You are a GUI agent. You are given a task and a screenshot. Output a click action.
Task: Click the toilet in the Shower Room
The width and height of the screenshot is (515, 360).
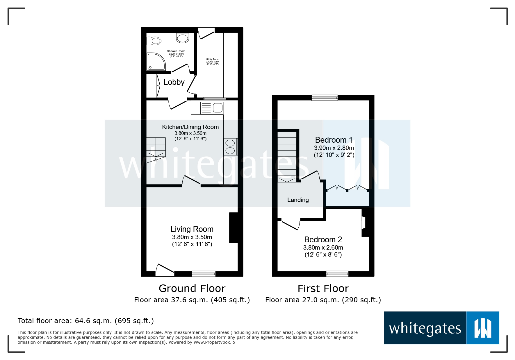point(154,41)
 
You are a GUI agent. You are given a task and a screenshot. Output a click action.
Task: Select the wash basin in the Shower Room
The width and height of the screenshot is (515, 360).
point(183,38)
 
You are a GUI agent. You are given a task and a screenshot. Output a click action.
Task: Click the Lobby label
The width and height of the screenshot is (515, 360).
point(174,82)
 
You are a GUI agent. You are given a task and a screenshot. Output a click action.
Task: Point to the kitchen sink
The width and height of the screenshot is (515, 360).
point(218,108)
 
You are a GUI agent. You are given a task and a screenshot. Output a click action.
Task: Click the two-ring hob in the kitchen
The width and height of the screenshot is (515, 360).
point(230,147)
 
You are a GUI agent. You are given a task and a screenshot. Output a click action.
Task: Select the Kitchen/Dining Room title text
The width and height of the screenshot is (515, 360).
point(190,127)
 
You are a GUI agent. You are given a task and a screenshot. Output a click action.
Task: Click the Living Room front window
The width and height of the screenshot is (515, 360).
point(204,273)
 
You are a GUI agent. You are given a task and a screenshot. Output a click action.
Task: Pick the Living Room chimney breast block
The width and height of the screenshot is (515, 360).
point(234,228)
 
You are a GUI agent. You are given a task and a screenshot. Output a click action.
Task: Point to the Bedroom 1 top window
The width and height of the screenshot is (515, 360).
point(325,98)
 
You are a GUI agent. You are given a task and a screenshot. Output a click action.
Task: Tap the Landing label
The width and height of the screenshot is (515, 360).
point(298,200)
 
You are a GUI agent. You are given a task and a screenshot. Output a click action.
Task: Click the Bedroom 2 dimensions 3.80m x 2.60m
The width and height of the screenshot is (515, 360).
point(323,248)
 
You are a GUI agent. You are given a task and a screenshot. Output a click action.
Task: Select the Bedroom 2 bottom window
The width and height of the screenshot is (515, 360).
point(337,273)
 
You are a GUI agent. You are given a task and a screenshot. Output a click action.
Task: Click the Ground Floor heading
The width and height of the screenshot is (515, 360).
point(192,289)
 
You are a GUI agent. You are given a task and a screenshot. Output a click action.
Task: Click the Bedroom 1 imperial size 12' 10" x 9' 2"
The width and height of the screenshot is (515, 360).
point(334,155)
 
